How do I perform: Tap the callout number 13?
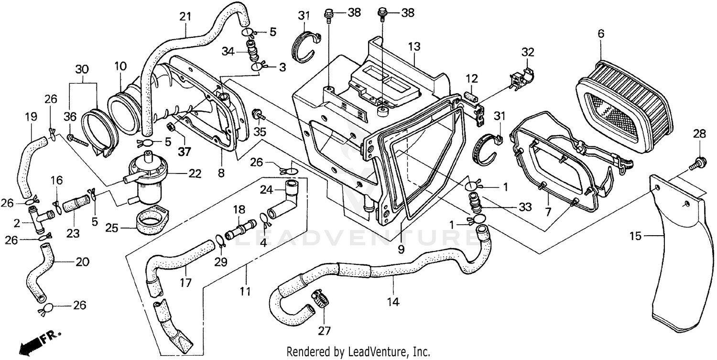click(x=414, y=46)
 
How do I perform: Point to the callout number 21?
click(x=185, y=16)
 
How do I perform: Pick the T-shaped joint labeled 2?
click(x=39, y=219)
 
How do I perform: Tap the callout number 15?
click(x=648, y=236)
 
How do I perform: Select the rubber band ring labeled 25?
click(x=151, y=223)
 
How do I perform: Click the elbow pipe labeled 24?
click(x=285, y=198)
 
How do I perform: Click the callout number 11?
click(x=246, y=290)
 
